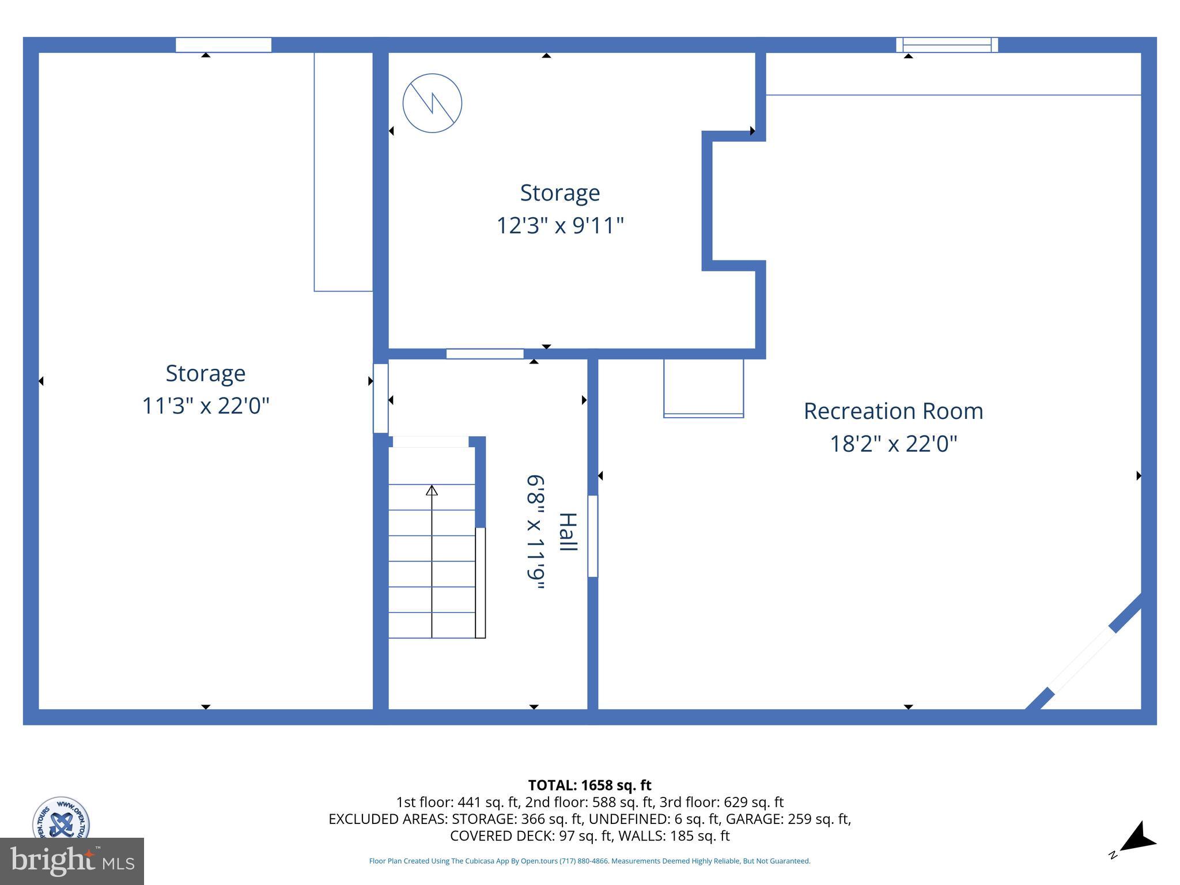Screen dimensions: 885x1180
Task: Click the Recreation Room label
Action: click(893, 411)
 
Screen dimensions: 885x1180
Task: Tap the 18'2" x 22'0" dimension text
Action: click(893, 444)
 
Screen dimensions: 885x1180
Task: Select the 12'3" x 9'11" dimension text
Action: click(560, 225)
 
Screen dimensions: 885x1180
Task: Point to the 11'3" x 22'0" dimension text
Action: click(206, 406)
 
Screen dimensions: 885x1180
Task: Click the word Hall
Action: click(568, 532)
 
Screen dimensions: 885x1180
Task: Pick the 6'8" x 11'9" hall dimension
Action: click(535, 532)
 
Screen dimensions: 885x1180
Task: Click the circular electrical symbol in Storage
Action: click(432, 103)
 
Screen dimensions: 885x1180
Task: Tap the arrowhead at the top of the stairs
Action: click(432, 490)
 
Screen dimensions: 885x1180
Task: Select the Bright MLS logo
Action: click(72, 861)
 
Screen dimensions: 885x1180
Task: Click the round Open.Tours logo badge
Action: click(61, 818)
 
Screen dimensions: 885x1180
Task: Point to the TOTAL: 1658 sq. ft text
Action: click(589, 785)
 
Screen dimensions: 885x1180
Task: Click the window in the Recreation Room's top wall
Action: click(947, 45)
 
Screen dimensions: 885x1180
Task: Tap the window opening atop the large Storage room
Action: click(224, 45)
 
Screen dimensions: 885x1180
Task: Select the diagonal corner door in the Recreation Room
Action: click(1083, 660)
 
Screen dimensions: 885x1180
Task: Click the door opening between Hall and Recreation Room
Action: click(592, 536)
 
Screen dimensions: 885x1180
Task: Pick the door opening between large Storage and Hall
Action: click(380, 398)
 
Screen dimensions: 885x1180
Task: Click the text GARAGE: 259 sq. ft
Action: click(788, 819)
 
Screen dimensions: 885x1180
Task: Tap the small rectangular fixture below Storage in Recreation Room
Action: click(704, 388)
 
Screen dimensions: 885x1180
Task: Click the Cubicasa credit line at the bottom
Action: click(589, 861)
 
